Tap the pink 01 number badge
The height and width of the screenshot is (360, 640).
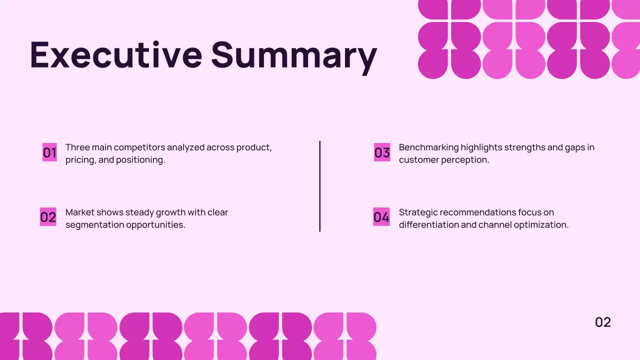pyautogui.click(x=49, y=152)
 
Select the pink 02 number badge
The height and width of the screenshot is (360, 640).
pyautogui.click(x=48, y=217)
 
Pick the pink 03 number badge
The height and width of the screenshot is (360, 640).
pyautogui.click(x=382, y=152)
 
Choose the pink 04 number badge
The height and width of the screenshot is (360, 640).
pyautogui.click(x=381, y=217)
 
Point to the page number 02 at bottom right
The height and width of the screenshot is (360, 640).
pyautogui.click(x=603, y=322)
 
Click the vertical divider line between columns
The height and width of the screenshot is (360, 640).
pyautogui.click(x=320, y=186)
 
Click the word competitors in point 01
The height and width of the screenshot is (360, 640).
pyautogui.click(x=139, y=147)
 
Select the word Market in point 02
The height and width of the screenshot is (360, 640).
pyautogui.click(x=79, y=212)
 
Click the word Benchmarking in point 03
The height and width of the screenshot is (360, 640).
pyautogui.click(x=428, y=147)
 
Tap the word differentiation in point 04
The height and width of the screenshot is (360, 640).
pyautogui.click(x=428, y=225)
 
